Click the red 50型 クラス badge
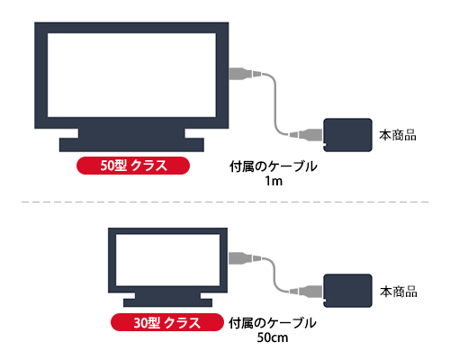click(133, 166)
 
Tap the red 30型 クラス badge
click(167, 322)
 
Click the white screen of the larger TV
click(131, 75)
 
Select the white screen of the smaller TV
click(167, 260)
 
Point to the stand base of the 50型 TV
click(131, 145)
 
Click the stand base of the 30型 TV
click(167, 302)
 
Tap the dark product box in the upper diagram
click(348, 135)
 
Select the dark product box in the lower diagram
click(348, 291)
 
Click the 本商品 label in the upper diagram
click(398, 135)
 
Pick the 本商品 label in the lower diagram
click(399, 292)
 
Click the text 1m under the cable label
click(274, 181)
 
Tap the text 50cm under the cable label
click(273, 337)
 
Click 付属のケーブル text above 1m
click(274, 166)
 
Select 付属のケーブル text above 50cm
click(273, 323)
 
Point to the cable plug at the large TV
click(245, 74)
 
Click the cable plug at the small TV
click(245, 258)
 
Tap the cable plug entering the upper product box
click(306, 135)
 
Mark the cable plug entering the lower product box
click(306, 291)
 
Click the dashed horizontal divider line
click(225, 202)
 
